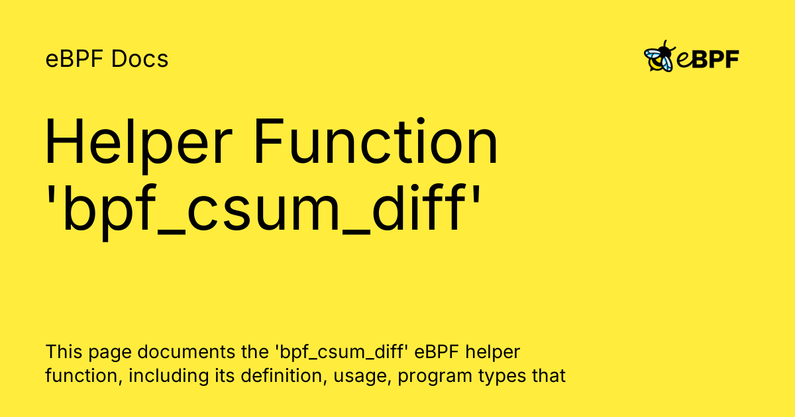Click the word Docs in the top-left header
pos(140,59)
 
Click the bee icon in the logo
pos(659,56)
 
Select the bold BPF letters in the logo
pos(715,59)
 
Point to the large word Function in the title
pos(376,141)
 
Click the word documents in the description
pos(186,352)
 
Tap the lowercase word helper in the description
pos(493,353)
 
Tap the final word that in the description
pos(549,376)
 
